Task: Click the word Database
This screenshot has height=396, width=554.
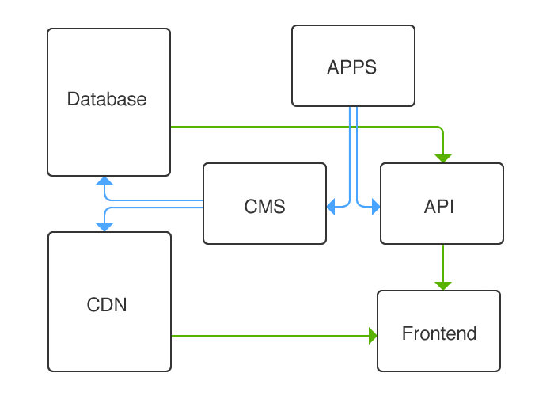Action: (107, 99)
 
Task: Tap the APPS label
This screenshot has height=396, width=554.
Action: (352, 67)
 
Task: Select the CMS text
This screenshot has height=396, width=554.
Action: (264, 207)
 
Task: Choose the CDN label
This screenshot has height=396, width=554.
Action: (106, 304)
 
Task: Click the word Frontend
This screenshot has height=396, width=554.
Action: (439, 333)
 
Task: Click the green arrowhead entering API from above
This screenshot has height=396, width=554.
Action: (443, 158)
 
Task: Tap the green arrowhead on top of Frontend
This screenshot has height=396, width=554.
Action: (443, 286)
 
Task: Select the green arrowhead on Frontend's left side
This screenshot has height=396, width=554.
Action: (373, 336)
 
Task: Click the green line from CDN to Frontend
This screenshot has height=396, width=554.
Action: (269, 336)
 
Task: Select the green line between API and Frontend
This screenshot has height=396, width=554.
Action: (443, 261)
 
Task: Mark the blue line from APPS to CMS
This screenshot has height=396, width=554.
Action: (351, 158)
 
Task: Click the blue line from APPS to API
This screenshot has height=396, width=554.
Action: (357, 158)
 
